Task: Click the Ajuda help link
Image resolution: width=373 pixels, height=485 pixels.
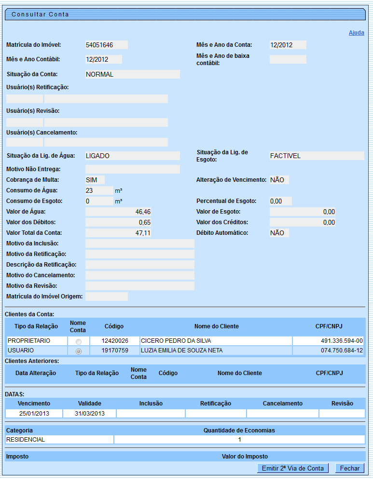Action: point(356,33)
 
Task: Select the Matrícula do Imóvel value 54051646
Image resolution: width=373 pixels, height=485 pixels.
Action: point(106,45)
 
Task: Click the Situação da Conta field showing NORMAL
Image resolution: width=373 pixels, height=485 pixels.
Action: point(132,74)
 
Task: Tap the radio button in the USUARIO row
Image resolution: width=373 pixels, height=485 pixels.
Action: point(79,351)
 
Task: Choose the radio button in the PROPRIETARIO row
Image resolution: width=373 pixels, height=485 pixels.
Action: point(79,341)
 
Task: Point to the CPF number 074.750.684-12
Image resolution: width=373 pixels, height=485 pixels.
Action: point(342,350)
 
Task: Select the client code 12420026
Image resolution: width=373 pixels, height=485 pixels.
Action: point(115,341)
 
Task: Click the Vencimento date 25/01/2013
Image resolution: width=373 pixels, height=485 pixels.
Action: point(34,414)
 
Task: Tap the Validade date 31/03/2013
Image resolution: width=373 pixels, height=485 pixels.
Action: point(90,414)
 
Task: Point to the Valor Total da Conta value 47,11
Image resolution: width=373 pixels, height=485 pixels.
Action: point(118,233)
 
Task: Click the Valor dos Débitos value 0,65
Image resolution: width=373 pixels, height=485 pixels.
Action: point(118,222)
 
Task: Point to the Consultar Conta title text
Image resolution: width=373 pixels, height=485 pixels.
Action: point(41,14)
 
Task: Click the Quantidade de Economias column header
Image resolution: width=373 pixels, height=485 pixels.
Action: point(239,430)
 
